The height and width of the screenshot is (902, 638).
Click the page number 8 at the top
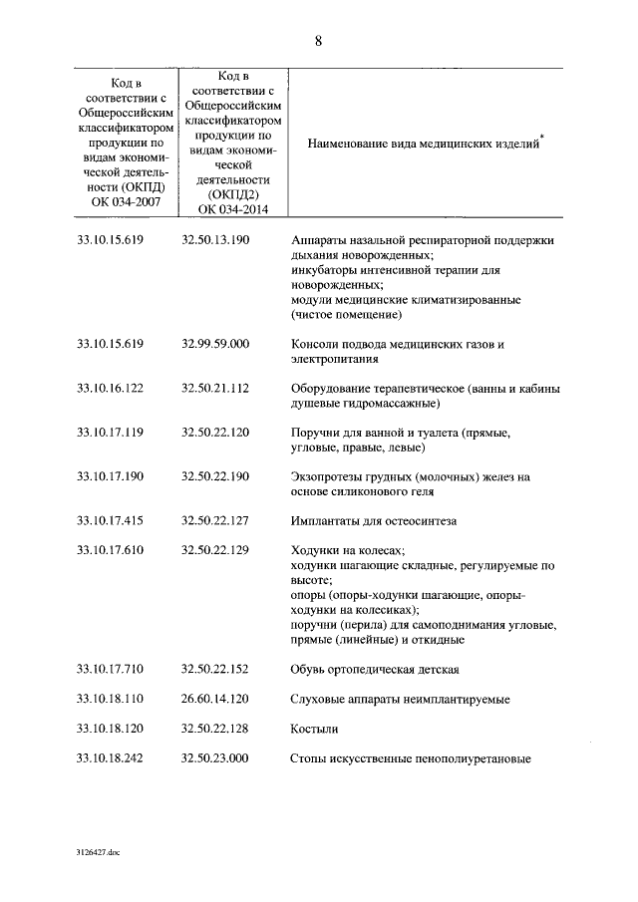tap(318, 41)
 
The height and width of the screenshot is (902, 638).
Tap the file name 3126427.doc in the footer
tap(96, 853)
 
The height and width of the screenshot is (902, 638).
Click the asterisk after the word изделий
tap(543, 137)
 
